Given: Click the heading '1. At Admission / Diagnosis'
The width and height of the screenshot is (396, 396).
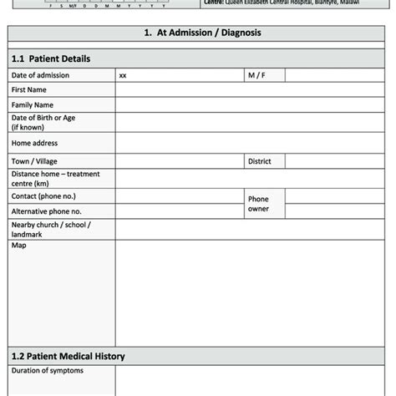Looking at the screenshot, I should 197,34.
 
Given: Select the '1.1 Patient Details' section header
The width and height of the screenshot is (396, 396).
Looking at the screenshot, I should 50,59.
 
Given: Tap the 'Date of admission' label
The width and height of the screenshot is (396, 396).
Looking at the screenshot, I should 40,75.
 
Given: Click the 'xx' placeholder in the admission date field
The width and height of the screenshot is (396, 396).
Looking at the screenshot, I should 123,75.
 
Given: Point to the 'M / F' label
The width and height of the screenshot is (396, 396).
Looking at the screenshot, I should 255,75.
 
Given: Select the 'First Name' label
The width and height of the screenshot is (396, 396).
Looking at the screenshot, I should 29,90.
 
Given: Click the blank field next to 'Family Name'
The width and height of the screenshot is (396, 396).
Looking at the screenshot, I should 251,105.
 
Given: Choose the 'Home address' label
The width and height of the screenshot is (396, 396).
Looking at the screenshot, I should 35,143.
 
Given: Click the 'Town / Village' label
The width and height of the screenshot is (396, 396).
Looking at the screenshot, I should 34,160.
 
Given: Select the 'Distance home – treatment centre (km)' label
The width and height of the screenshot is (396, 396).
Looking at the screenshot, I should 55,177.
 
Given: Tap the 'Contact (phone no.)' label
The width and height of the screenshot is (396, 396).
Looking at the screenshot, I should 43,195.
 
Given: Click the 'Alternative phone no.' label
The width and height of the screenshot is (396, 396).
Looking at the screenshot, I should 47,212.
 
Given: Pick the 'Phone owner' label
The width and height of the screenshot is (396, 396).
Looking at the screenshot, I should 258,204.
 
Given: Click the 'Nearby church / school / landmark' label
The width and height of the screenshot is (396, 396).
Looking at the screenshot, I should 51,230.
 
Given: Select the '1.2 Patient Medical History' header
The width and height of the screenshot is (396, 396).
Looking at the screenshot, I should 68,356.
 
